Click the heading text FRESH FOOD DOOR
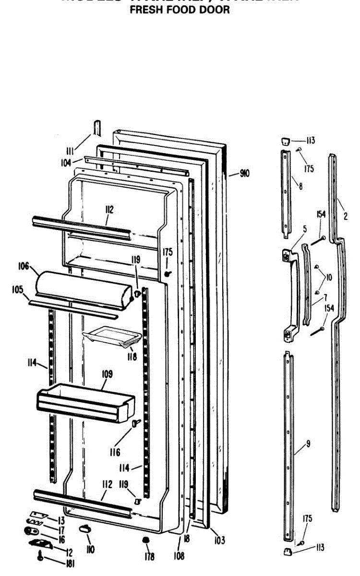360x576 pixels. [x=180, y=10]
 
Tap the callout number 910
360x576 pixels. [x=244, y=174]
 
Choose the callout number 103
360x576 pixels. [x=219, y=540]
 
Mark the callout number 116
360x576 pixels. [x=115, y=452]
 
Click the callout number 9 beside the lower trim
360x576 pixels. [x=308, y=444]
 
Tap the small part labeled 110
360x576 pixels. [x=85, y=528]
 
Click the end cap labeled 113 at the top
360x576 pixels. [x=285, y=141]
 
